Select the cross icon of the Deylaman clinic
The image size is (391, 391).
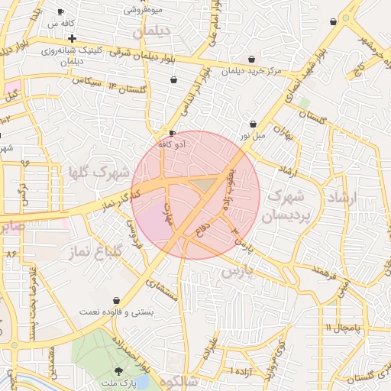(x=72, y=38)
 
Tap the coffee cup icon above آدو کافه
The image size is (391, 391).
(x=173, y=132)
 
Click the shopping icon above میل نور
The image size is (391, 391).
(x=253, y=124)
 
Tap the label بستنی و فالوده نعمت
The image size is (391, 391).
(x=116, y=312)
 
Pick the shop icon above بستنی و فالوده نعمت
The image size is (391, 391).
(x=116, y=301)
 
